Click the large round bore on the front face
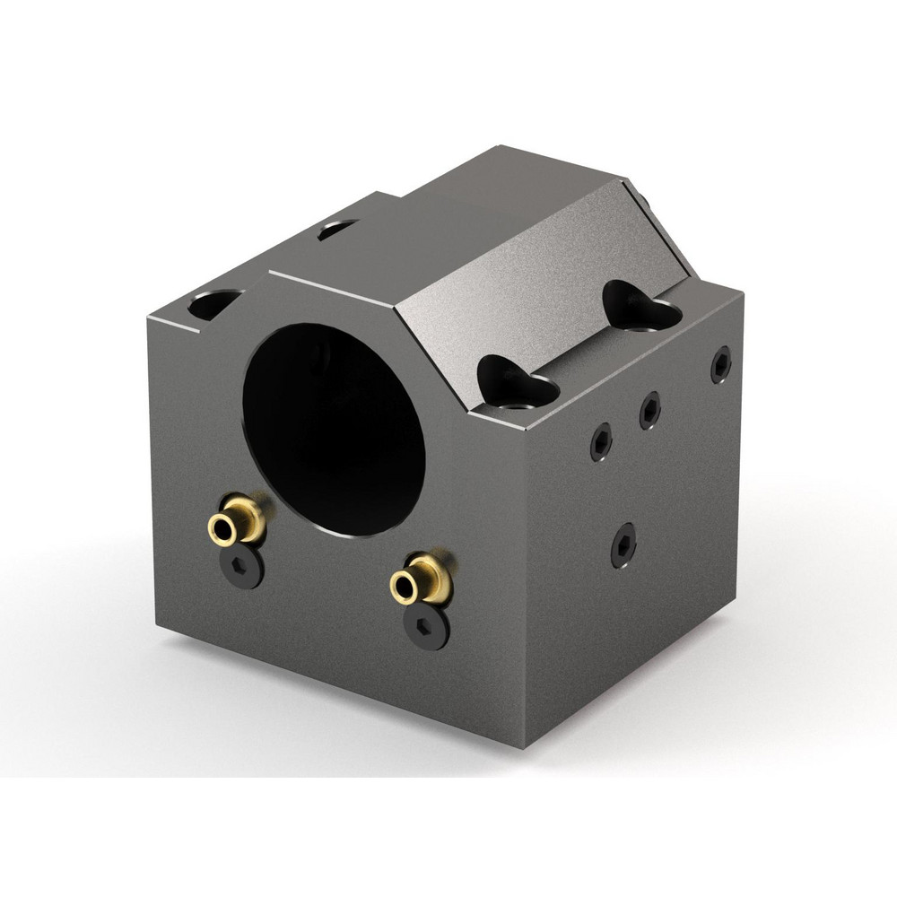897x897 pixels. (x=334, y=429)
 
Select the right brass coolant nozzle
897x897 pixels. (x=422, y=580)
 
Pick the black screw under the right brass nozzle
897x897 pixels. (x=426, y=626)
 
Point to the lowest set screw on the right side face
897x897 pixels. (x=623, y=544)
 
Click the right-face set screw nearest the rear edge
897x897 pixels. (x=721, y=364)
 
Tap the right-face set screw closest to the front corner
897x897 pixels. (x=601, y=441)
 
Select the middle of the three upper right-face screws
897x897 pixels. (x=650, y=410)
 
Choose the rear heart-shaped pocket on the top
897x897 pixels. (x=641, y=306)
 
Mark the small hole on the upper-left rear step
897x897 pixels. (x=337, y=230)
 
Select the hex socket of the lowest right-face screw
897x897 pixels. (x=623, y=544)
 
